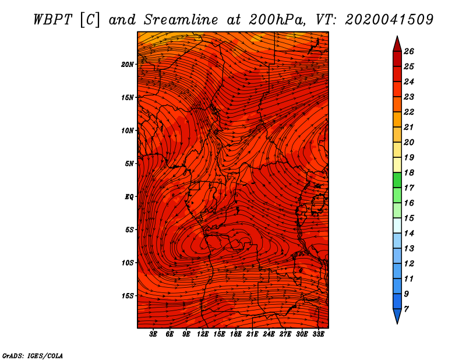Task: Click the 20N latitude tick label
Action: pos(128,65)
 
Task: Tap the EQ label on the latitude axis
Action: pos(129,197)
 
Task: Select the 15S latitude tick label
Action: pos(128,296)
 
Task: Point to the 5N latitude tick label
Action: pos(129,164)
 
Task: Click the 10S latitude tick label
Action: pos(128,263)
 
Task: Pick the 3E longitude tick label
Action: pos(153,334)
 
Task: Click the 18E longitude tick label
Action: pos(236,334)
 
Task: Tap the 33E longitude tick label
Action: pos(318,334)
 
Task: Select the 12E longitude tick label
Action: pos(203,334)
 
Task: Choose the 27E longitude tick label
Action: pos(285,334)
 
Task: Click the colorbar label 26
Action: pos(409,51)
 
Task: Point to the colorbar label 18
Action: pos(409,172)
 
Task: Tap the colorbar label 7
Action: pos(406,309)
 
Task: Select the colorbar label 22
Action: pos(409,112)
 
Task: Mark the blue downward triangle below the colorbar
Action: pos(397,315)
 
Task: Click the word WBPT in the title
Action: pos(53,20)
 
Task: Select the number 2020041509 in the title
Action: pos(389,20)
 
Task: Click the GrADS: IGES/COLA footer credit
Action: pos(33,356)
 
